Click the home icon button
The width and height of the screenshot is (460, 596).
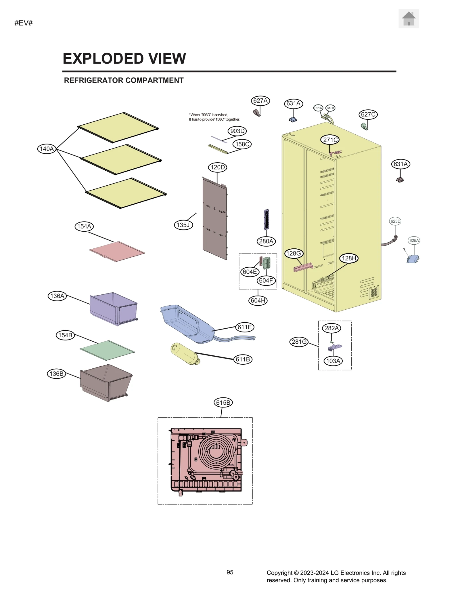[408, 18]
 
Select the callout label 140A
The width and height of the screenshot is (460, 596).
[47, 149]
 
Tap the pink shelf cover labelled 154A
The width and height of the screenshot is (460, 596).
[117, 251]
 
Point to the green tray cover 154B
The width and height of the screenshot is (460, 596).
[107, 350]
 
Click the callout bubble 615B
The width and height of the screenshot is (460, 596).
[223, 402]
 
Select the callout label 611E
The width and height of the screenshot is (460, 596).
[245, 327]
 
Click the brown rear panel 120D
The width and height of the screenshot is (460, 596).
[214, 219]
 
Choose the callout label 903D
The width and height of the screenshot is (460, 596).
[237, 131]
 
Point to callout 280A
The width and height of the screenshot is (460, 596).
[266, 241]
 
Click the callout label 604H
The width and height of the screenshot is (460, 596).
[258, 300]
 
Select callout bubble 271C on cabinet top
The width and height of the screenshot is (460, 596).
[330, 140]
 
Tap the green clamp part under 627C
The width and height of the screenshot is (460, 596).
[364, 126]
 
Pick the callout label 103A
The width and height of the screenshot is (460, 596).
[333, 361]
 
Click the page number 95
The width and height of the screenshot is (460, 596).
[230, 572]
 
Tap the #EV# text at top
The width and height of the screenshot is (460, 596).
[24, 23]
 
